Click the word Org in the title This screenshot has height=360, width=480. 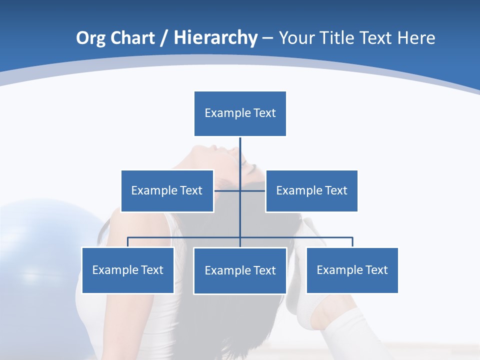coord(90,38)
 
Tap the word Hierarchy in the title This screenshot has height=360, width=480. coord(215,38)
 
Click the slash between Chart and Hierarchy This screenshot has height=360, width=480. coord(164,38)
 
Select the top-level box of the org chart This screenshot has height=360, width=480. coord(240,113)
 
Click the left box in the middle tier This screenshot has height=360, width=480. coord(167,190)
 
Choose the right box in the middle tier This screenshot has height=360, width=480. coord(311,190)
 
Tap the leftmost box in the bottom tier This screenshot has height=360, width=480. coord(127,270)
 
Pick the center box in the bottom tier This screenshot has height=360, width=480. coord(240,270)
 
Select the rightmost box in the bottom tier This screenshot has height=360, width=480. coord(352,270)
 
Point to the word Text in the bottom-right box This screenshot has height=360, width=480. coord(376,270)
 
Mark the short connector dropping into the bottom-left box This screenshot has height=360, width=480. coord(128,242)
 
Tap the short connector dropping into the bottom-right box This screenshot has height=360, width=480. coord(352,242)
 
